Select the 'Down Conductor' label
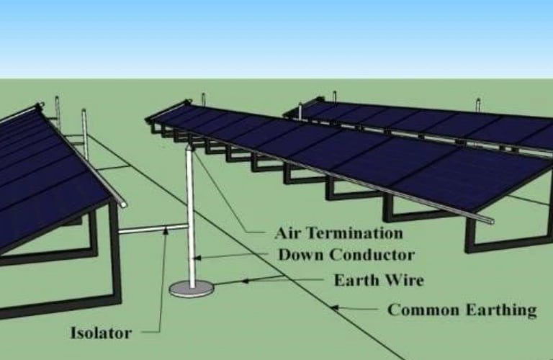(x=346, y=255)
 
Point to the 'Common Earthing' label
(x=462, y=310)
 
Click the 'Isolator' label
(x=101, y=333)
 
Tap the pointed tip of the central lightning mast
(x=189, y=145)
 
